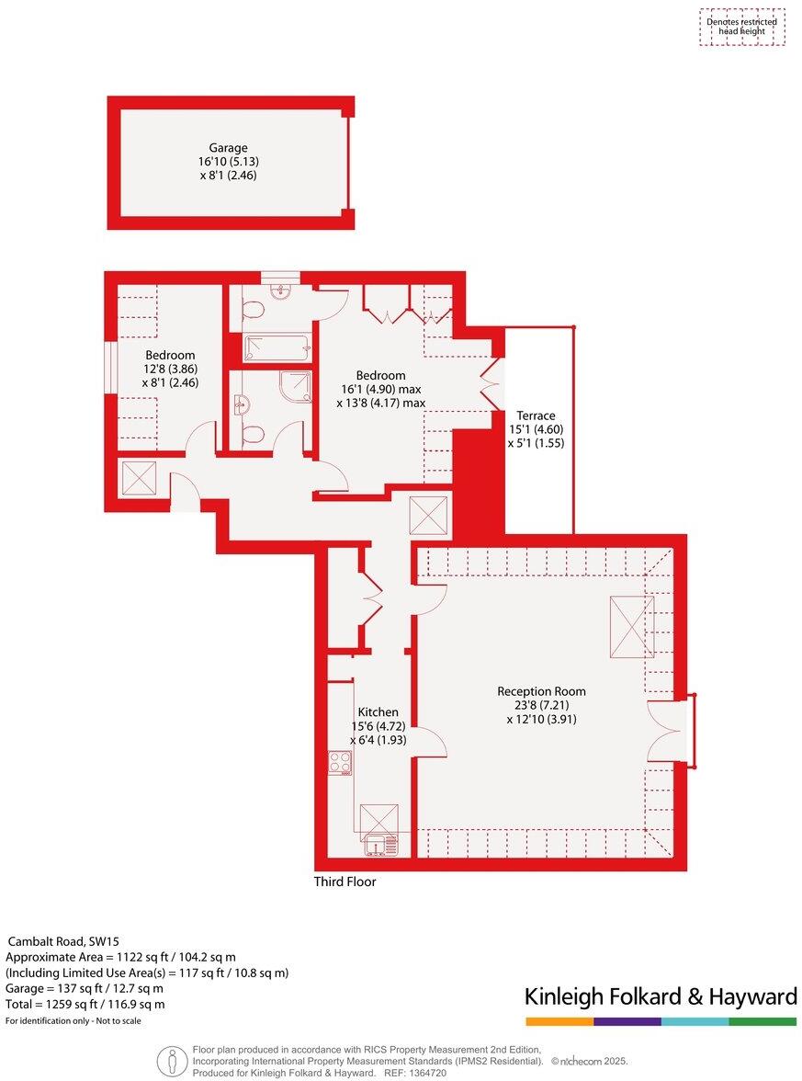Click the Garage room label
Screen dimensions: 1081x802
click(x=228, y=148)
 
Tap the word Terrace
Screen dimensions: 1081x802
click(x=535, y=415)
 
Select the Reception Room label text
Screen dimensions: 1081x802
click(x=541, y=691)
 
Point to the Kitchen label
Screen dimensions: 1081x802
click(x=378, y=711)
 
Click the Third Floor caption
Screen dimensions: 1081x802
click(x=345, y=882)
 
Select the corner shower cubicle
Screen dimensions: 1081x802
click(x=294, y=386)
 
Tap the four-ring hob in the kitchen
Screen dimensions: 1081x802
click(x=340, y=762)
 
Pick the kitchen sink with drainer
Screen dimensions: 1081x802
click(x=379, y=843)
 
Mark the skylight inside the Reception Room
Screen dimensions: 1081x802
click(x=632, y=626)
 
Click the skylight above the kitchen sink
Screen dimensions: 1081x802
click(x=378, y=817)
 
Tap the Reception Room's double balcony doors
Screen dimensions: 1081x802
click(x=668, y=730)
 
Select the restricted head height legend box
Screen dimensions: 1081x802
click(x=741, y=27)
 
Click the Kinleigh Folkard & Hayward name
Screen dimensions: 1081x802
click(x=660, y=996)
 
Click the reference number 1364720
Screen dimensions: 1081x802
click(x=427, y=1073)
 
